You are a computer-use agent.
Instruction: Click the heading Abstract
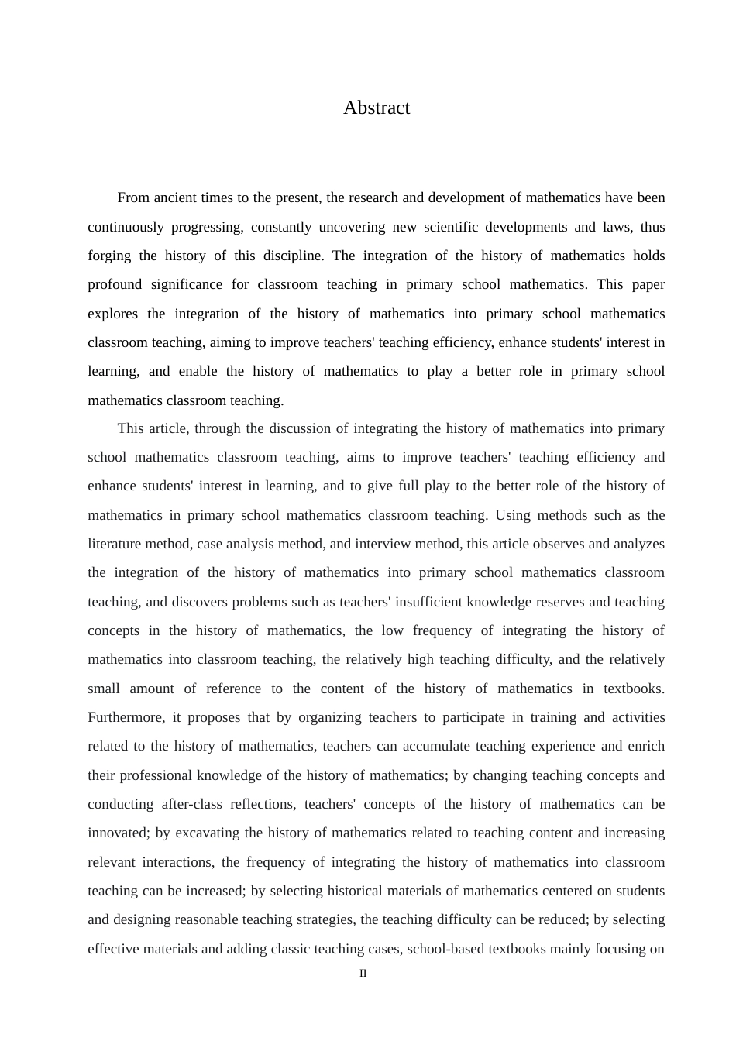377,108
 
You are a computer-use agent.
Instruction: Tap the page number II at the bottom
363,974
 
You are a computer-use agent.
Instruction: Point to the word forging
109,256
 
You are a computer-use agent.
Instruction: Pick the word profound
115,284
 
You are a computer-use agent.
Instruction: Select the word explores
112,314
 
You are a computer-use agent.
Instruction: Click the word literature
114,544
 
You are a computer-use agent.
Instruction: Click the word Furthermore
126,717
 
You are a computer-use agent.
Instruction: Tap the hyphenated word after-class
198,804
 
